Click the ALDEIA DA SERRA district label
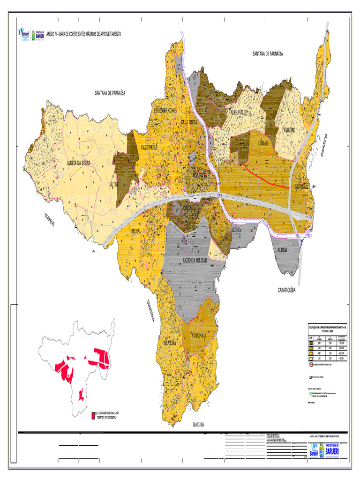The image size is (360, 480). click(79, 163)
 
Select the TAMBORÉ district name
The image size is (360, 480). click(285, 131)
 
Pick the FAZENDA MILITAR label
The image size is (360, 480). click(195, 259)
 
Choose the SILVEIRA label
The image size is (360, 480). click(169, 343)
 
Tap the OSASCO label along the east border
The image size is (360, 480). click(323, 145)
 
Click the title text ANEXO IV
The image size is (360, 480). click(51, 35)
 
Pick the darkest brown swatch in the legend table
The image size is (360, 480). click(310, 343)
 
